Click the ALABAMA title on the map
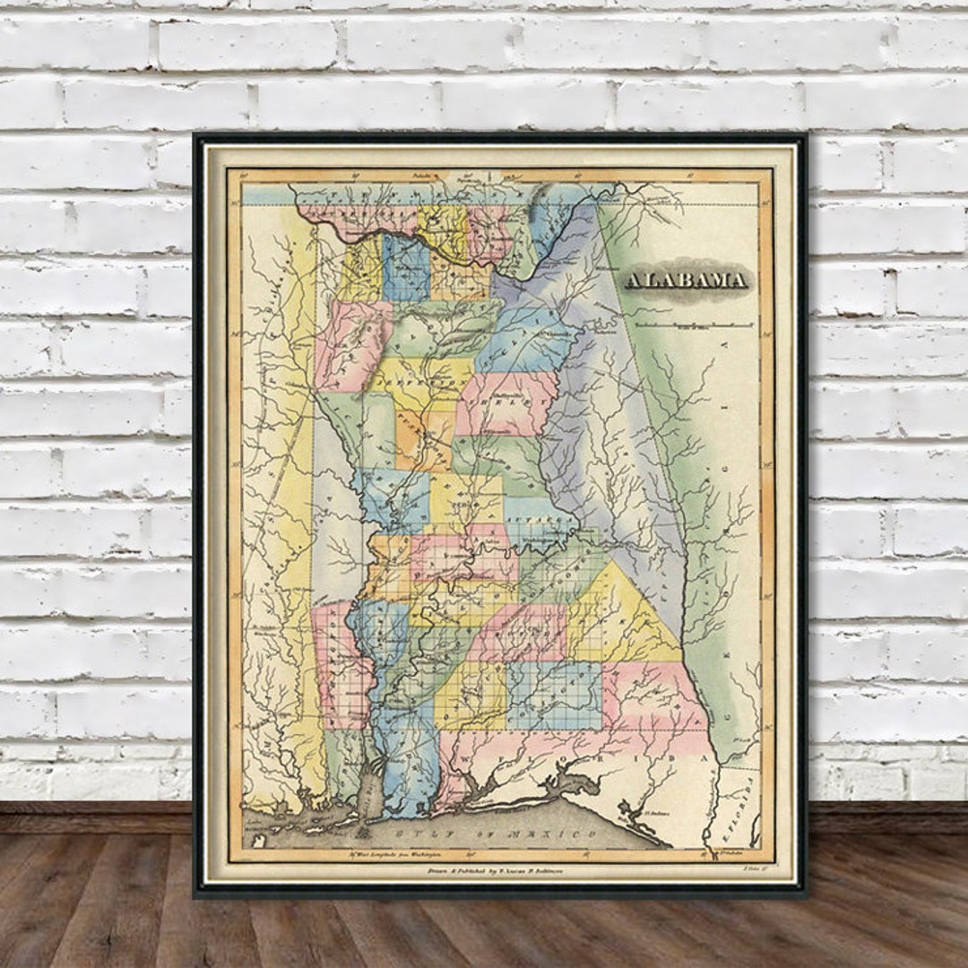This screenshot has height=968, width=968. point(686,281)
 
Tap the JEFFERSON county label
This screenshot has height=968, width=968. point(419,379)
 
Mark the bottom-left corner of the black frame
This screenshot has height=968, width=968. point(197,894)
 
